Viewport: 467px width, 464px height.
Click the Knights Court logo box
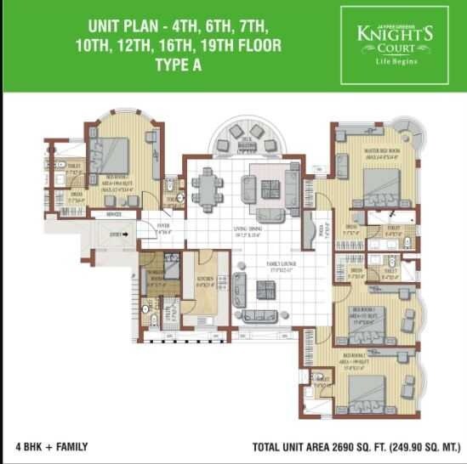point(394,45)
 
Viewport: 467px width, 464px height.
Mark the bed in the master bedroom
point(373,181)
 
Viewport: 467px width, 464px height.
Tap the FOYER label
point(163,225)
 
